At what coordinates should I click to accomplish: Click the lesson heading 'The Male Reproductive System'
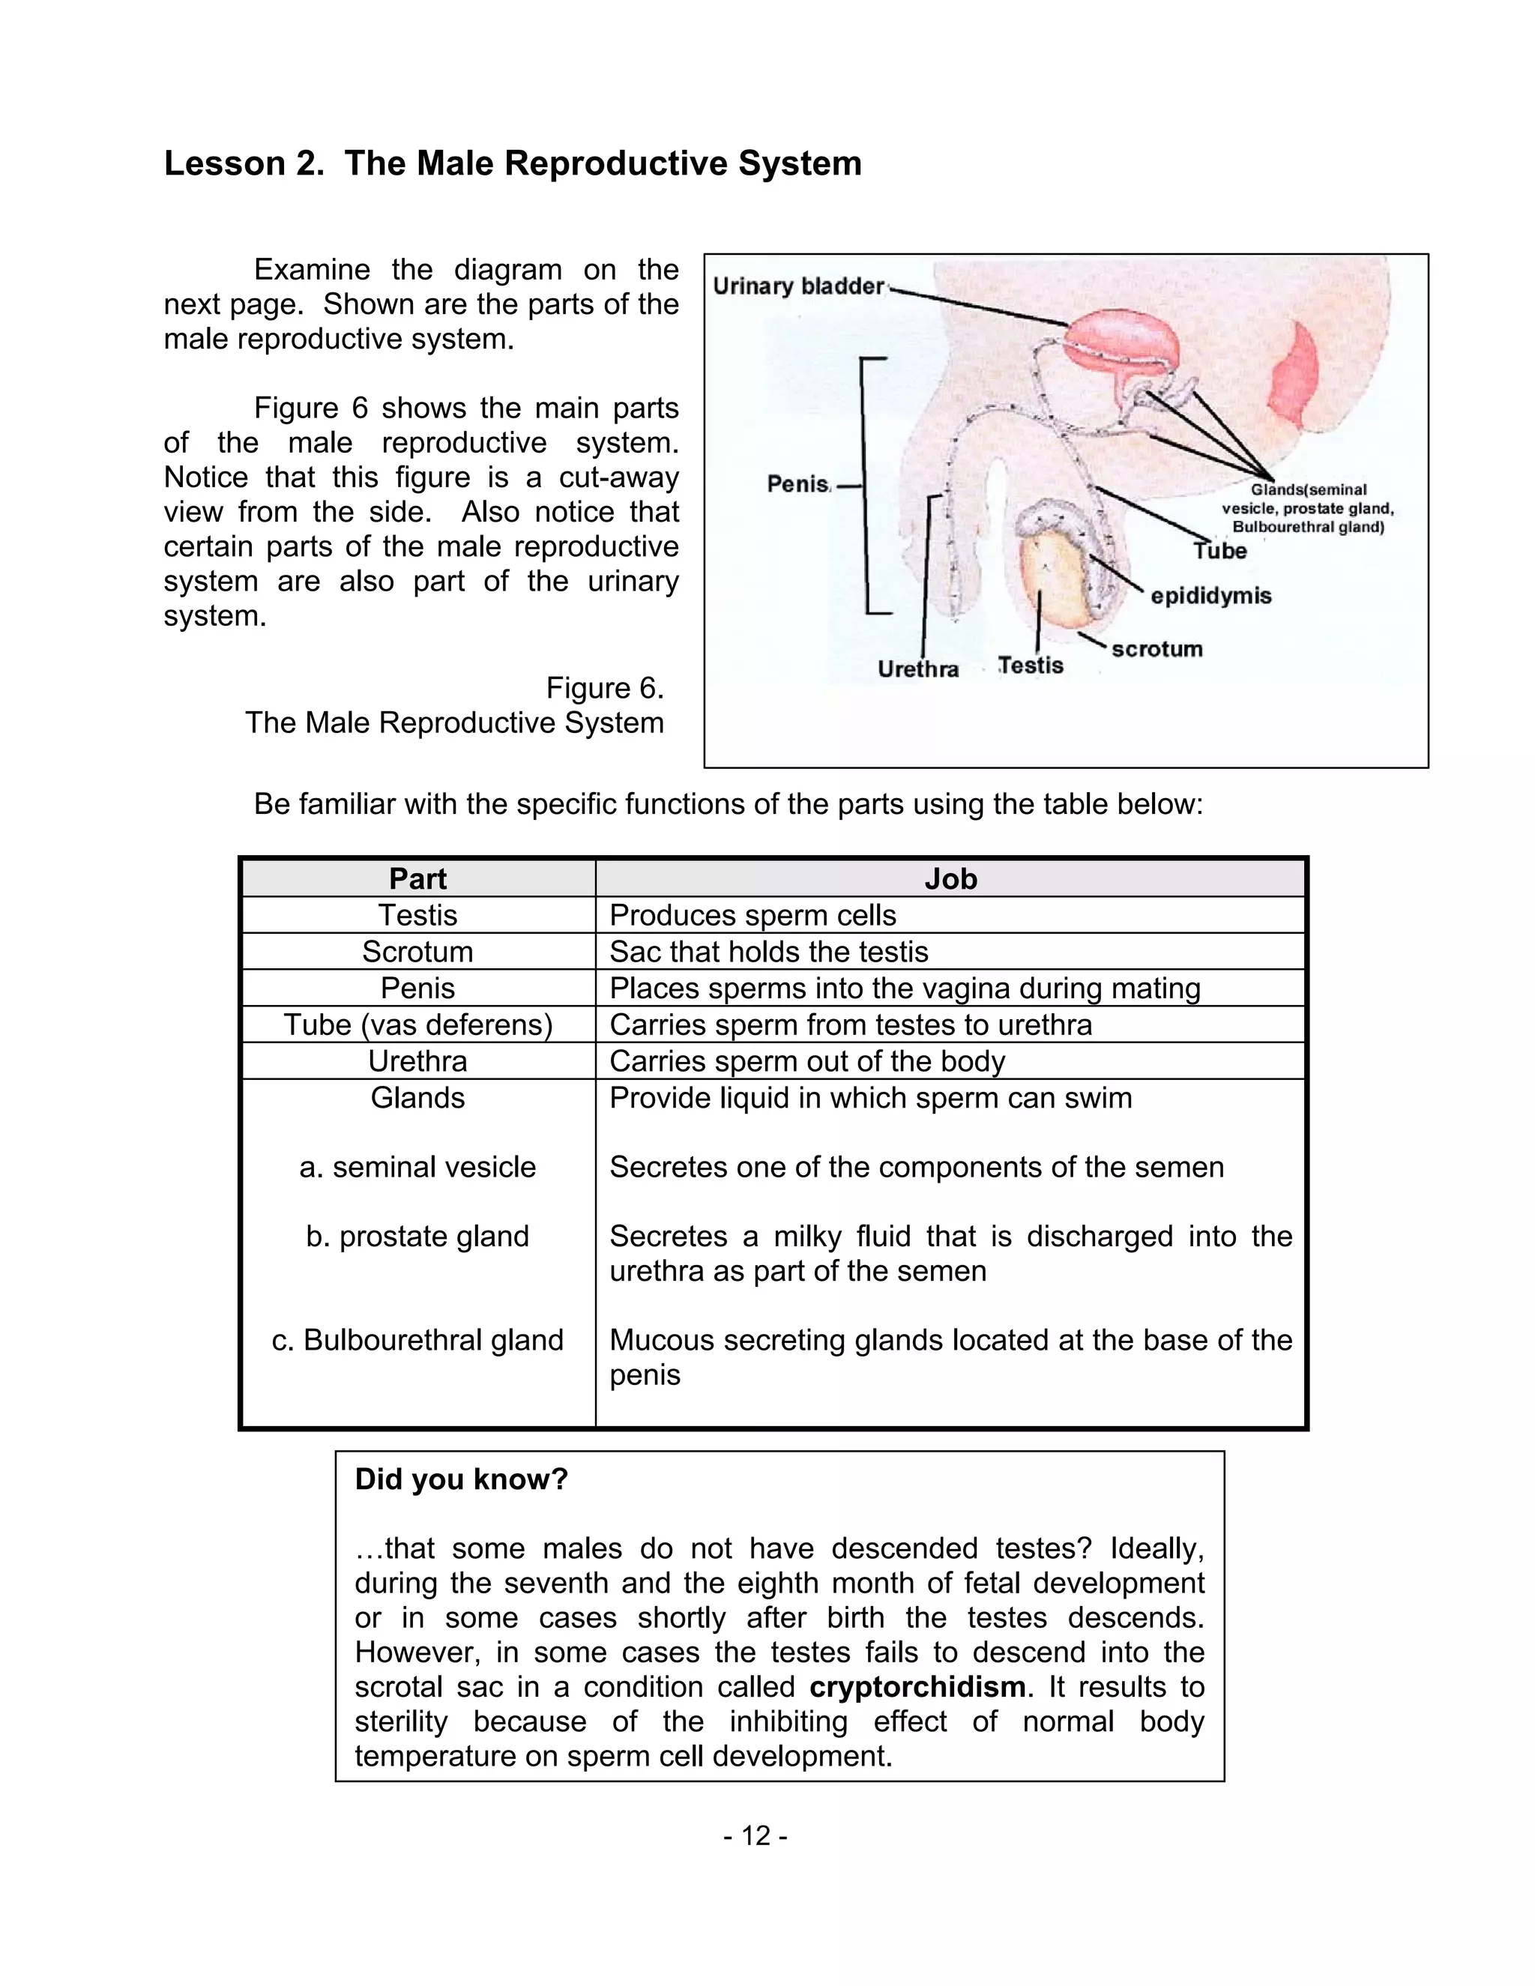pos(512,163)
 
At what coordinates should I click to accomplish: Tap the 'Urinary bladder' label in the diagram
pos(797,286)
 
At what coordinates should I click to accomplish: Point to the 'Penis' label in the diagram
pos(797,484)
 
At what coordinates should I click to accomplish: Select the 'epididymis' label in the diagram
pos(1210,597)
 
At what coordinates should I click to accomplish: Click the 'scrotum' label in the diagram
pos(1156,649)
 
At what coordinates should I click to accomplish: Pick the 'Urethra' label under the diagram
pos(917,669)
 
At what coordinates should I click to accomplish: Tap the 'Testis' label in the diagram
pos(1031,665)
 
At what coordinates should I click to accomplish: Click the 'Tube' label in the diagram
pos(1219,551)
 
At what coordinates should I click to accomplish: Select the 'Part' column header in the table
pos(417,879)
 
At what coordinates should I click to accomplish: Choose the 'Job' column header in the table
pos(950,879)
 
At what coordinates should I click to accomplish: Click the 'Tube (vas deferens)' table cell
pos(417,1024)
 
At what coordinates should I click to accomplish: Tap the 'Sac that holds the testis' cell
pos(768,952)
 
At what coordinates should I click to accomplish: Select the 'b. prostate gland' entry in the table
pos(417,1237)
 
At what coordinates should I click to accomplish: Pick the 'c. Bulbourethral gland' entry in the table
pos(417,1341)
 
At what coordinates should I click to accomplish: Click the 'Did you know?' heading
pos(461,1479)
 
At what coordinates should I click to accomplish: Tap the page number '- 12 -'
pos(756,1836)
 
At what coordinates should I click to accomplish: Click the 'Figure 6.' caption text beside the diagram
pos(605,689)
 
